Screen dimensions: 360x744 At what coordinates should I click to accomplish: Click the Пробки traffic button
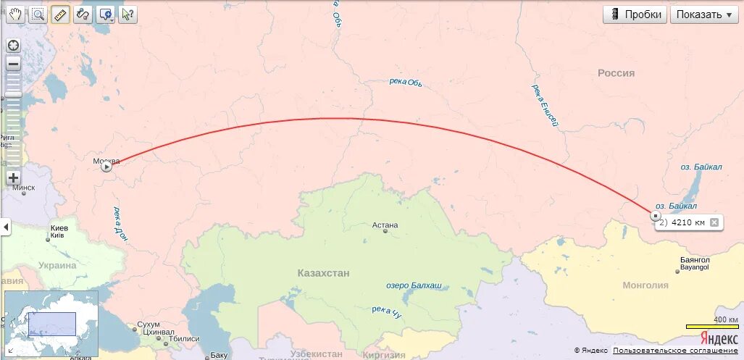(x=635, y=14)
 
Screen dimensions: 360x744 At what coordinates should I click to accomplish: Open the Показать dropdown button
(x=703, y=14)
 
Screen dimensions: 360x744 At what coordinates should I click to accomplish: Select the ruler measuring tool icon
(x=60, y=14)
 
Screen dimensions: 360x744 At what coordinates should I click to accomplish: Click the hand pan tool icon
(x=15, y=14)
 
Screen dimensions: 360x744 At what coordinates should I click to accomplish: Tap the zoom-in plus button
(x=13, y=177)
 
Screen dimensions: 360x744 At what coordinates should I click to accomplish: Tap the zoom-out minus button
(x=13, y=64)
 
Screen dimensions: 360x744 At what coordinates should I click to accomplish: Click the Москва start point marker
(x=106, y=167)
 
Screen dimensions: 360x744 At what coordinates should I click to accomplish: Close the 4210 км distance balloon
(x=714, y=222)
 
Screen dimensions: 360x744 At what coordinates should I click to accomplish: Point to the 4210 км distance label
(x=687, y=222)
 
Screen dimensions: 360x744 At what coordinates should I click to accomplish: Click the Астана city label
(x=385, y=225)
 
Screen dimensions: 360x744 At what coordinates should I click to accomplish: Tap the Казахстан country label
(x=323, y=273)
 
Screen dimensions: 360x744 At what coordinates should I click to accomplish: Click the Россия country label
(x=616, y=73)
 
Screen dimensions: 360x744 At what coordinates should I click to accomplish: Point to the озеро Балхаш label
(x=413, y=285)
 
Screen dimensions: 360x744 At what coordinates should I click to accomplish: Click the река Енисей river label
(x=546, y=105)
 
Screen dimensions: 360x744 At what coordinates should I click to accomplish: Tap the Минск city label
(x=24, y=188)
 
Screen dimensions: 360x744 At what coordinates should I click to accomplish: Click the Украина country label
(x=57, y=265)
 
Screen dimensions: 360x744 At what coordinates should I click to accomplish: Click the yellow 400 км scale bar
(x=712, y=327)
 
